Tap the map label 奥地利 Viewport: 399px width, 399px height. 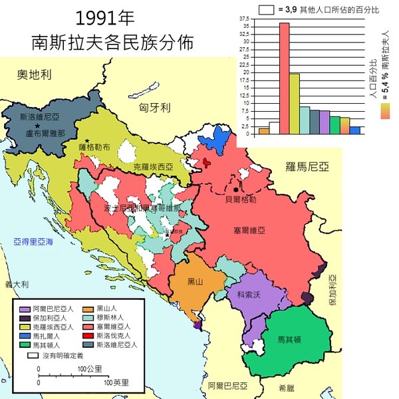coord(35,74)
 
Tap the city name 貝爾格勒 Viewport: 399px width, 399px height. coord(241,199)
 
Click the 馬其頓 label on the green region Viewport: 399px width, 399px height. coord(289,340)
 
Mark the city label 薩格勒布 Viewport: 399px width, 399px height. coord(94,147)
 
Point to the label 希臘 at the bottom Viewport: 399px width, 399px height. coord(287,386)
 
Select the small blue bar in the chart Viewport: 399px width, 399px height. coord(354,130)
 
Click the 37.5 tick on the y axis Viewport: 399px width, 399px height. coord(246,19)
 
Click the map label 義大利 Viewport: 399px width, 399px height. coord(15,284)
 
